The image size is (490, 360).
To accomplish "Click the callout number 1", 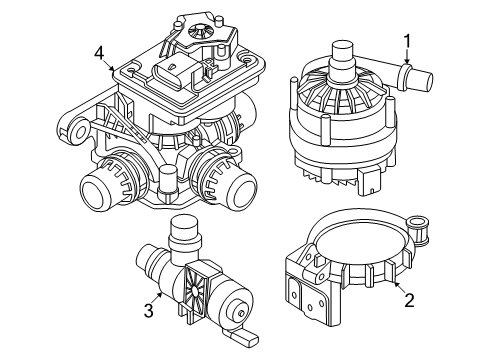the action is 406,41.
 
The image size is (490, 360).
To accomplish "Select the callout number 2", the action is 409,300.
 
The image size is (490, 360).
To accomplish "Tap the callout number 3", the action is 149,311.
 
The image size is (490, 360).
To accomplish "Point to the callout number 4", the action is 99,53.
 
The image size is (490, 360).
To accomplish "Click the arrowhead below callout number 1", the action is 407,60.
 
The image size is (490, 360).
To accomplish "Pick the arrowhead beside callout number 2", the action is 395,284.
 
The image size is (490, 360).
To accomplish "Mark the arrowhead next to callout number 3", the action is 160,295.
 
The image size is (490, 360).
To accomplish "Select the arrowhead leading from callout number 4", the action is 112,69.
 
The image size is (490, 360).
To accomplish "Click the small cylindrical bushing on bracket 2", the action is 419,230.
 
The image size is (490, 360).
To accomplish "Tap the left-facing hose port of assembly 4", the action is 100,188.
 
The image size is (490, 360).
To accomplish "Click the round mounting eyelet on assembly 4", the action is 78,131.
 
